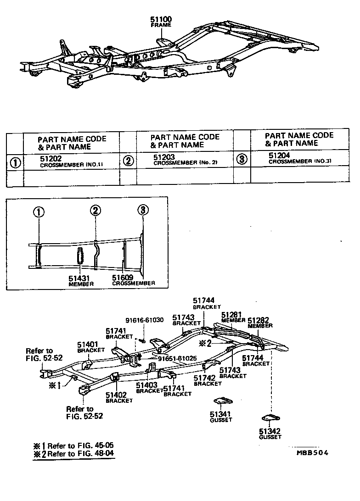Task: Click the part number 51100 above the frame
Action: click(161, 20)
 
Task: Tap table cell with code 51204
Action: click(298, 157)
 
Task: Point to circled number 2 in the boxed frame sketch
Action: click(95, 211)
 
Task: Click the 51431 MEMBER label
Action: click(81, 281)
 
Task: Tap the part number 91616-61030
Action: click(144, 320)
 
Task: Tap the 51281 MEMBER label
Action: click(233, 317)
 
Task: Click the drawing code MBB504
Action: click(313, 452)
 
